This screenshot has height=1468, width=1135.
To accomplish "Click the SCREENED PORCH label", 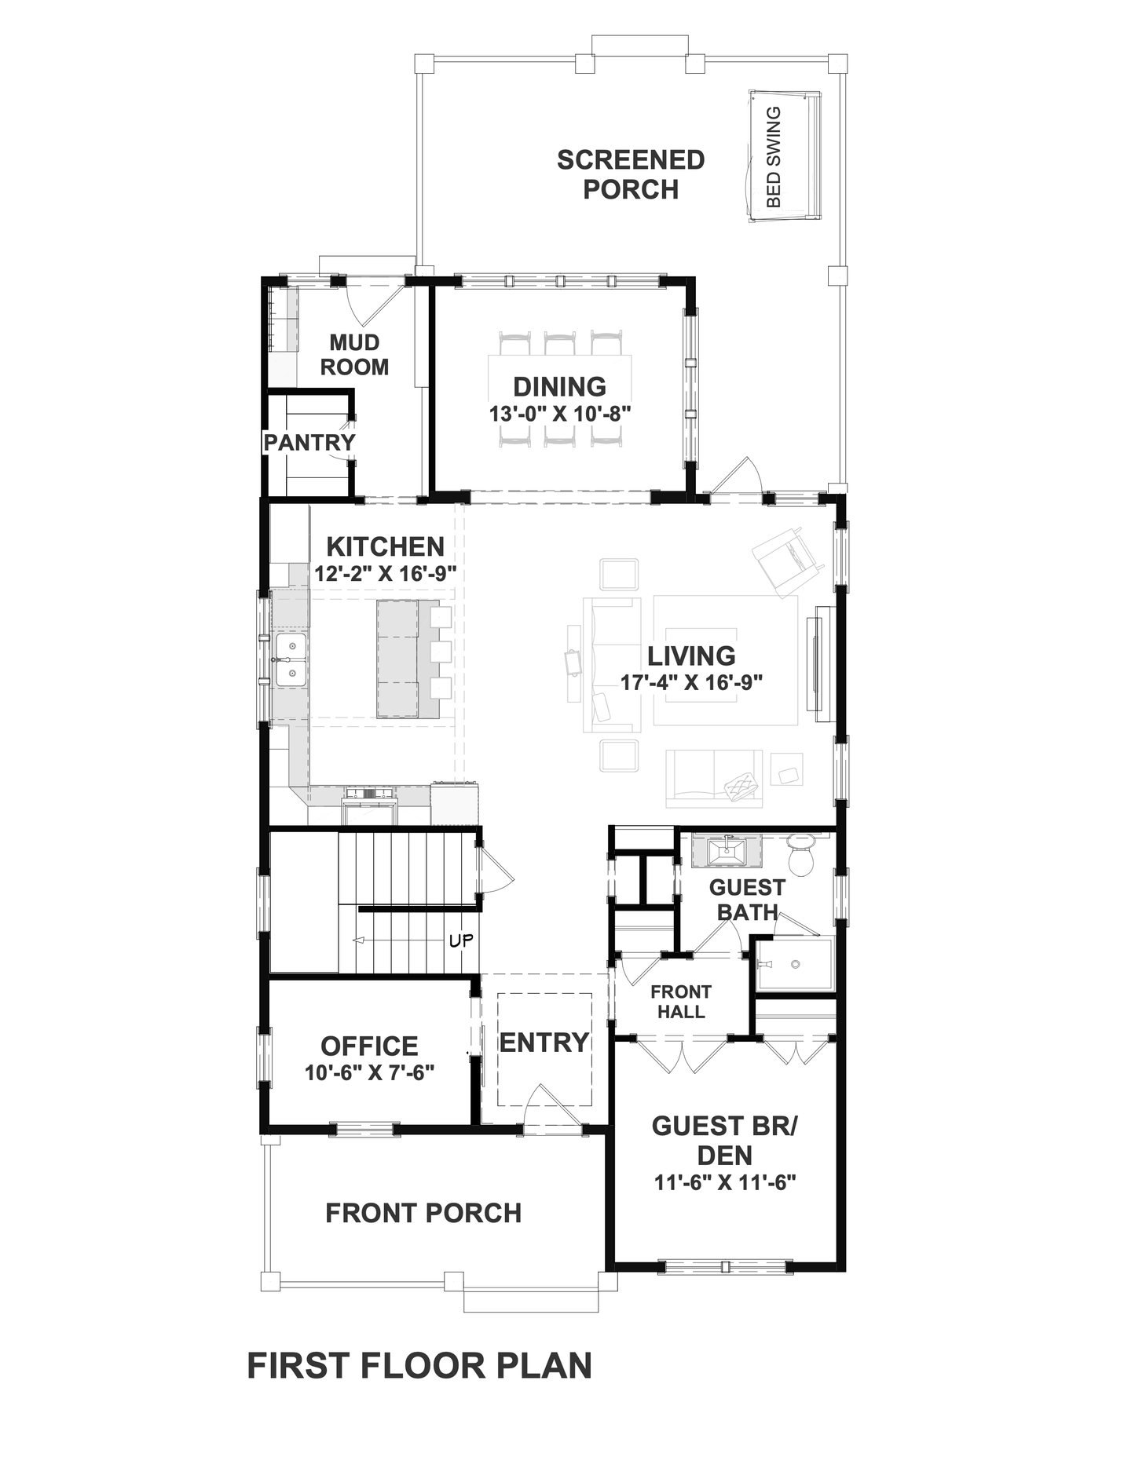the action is click(x=631, y=174).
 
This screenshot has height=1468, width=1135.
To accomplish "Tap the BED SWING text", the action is click(x=774, y=157).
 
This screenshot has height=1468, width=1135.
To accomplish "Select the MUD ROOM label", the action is click(x=354, y=354).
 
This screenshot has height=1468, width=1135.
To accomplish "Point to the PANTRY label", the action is click(x=309, y=442).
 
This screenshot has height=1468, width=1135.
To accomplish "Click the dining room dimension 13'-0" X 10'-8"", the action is click(x=561, y=413).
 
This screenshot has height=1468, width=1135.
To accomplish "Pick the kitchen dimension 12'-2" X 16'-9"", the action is click(x=385, y=573).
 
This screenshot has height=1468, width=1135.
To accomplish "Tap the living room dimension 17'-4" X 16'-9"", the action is click(x=692, y=682).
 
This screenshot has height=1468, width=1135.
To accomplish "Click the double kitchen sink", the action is click(x=290, y=660).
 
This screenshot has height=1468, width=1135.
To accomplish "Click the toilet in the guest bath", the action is click(x=801, y=854).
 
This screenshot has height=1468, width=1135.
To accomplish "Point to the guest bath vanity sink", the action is click(x=727, y=850).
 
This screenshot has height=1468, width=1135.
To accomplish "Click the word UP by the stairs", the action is click(x=461, y=940).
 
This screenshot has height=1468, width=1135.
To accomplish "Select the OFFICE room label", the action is click(x=369, y=1046).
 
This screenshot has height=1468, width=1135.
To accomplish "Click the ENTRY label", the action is click(x=544, y=1043).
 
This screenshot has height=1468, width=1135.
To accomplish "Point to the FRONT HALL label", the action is click(x=681, y=1002).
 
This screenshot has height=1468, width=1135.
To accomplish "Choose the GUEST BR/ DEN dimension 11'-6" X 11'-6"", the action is click(x=726, y=1182).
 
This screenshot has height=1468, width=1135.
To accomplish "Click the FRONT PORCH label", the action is click(x=423, y=1213).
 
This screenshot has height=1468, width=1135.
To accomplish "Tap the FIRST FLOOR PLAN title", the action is click(x=419, y=1366).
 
